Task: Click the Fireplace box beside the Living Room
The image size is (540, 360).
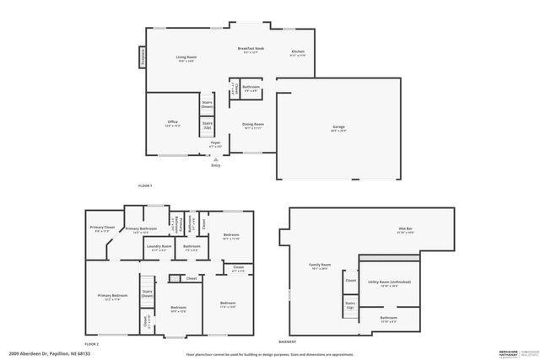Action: pos(143,56)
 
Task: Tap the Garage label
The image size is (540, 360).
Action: pos(337,128)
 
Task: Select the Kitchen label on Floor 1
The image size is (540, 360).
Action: pos(298,53)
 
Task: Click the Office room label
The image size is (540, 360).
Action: pos(172,123)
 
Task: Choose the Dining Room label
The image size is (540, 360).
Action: pos(253,126)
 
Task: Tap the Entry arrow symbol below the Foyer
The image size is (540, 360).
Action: pos(215,158)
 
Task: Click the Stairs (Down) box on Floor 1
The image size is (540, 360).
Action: pos(207,105)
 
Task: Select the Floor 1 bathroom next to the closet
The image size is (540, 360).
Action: pos(251,89)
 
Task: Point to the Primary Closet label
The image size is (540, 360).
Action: pos(100,228)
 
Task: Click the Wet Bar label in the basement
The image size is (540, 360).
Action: pos(405,230)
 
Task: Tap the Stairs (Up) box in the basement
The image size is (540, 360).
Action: pos(349,306)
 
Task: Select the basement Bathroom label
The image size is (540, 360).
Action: pos(388,320)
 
